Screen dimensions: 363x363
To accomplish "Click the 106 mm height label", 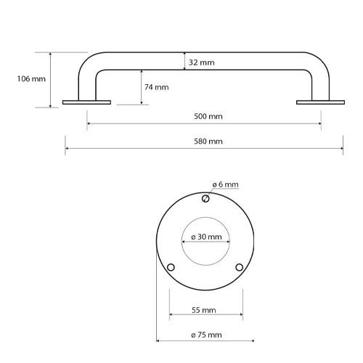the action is (31, 79).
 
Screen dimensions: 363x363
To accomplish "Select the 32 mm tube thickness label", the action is (202, 62).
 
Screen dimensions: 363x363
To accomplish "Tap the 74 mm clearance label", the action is (157, 87).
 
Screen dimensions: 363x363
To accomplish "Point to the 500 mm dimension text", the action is (208, 116).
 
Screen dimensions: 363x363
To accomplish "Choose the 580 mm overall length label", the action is (208, 142).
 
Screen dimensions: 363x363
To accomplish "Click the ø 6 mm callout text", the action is (226, 184).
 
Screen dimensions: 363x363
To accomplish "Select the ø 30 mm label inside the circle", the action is (206, 237).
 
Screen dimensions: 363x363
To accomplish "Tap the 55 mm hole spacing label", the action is (204, 310).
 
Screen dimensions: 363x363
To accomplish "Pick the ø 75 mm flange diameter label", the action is (206, 335).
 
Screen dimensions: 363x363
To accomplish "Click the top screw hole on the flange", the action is (205, 199).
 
